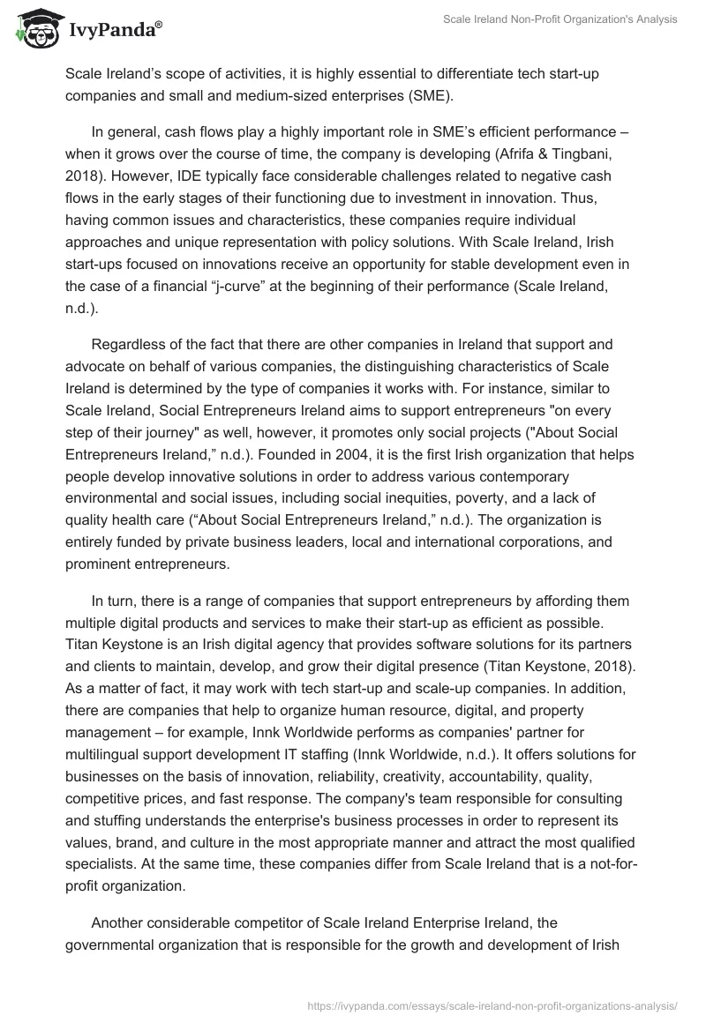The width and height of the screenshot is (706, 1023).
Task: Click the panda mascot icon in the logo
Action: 33,29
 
